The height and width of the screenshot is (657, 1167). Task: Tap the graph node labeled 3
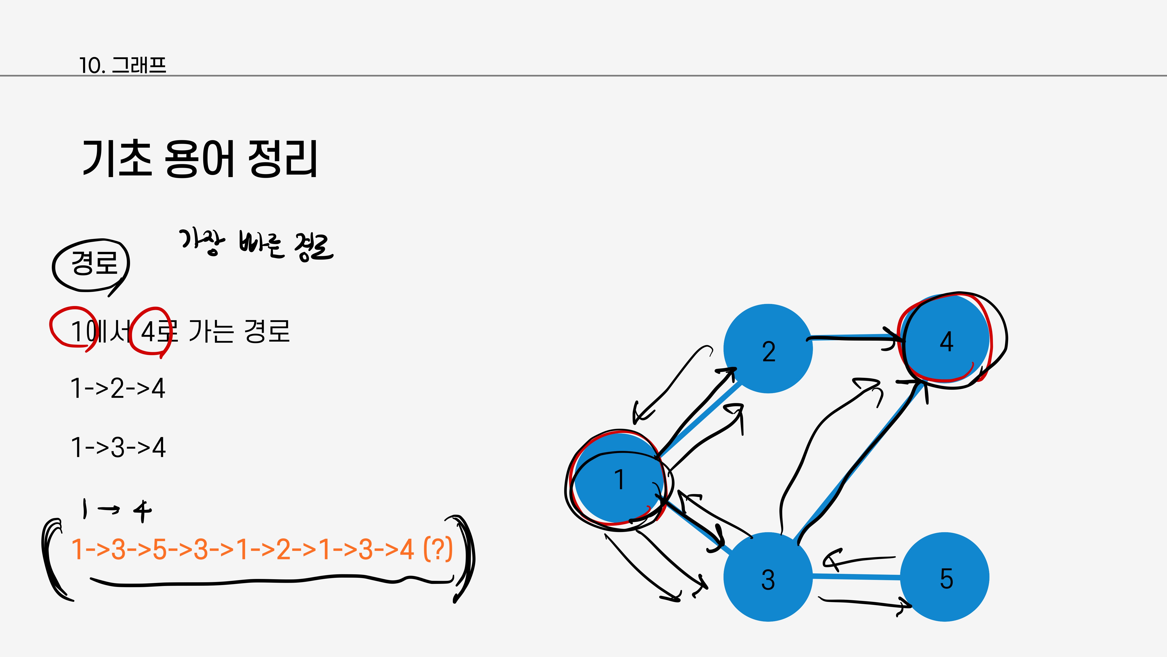(768, 577)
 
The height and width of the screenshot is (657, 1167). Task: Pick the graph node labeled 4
(946, 340)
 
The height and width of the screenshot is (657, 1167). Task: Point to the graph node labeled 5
(945, 577)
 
